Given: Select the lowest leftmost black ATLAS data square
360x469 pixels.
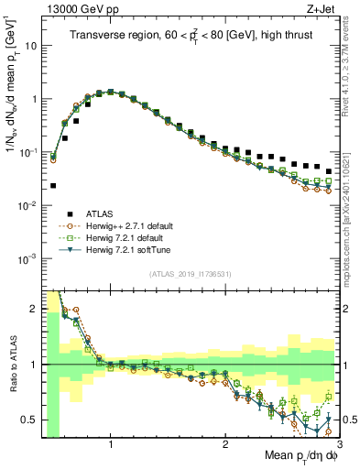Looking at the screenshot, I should click(53, 185).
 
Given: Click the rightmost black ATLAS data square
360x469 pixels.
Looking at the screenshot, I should click(328, 170).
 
